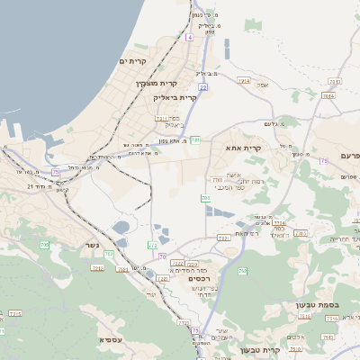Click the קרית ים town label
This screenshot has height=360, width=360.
[131, 60]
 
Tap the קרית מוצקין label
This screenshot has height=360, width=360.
[153, 84]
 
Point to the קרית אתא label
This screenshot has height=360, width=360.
[243, 148]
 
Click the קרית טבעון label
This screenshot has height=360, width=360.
[261, 349]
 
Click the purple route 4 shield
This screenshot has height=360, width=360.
[190, 37]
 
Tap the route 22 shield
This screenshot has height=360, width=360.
[203, 86]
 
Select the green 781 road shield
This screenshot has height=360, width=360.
[195, 140]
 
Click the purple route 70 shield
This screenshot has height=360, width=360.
[162, 256]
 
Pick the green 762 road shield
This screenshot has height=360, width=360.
[242, 271]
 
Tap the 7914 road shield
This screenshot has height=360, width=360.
[244, 80]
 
